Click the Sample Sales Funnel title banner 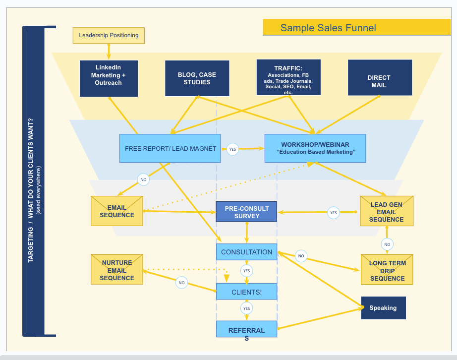click(x=328, y=28)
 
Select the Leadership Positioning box click(x=109, y=35)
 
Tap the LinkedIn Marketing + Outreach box click(x=109, y=78)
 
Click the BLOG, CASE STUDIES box click(x=197, y=78)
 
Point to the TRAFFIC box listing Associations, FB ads click(x=288, y=77)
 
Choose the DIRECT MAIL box click(x=379, y=78)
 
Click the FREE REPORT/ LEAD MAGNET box click(x=170, y=148)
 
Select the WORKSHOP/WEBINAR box click(x=315, y=148)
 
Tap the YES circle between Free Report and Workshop click(x=232, y=148)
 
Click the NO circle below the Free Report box click(x=143, y=180)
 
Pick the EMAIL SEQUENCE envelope click(x=117, y=211)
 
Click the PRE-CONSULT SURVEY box click(x=246, y=211)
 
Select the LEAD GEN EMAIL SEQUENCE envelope click(x=386, y=211)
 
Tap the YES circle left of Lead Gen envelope click(x=334, y=213)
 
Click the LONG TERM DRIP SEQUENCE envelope click(x=387, y=270)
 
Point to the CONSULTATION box click(x=246, y=252)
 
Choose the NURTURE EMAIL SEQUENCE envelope click(x=117, y=270)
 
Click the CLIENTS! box click(x=246, y=292)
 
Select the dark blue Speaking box click(x=383, y=308)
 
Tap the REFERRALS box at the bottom click(x=246, y=330)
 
